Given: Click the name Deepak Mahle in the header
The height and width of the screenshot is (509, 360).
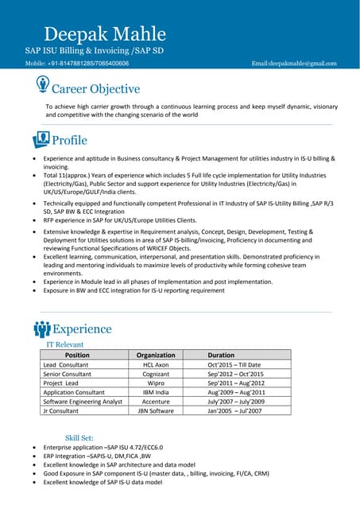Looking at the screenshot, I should tap(105, 33).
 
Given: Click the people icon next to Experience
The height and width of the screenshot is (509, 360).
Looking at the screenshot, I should tap(42, 328).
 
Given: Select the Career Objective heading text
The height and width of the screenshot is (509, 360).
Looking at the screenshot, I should tap(96, 89).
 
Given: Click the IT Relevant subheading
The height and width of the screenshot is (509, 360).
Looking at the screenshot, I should tap(64, 344).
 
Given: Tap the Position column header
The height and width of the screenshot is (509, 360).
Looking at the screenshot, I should tap(77, 355).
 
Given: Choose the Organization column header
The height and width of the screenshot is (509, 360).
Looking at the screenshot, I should tap(156, 355).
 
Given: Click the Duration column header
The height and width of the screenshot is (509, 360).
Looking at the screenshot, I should tap(221, 355).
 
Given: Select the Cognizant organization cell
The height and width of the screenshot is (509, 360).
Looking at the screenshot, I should tap(156, 374).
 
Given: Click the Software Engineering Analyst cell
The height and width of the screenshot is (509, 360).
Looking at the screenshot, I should tap(83, 402).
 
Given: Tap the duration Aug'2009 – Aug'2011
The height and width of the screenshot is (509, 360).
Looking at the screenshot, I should tap(236, 392).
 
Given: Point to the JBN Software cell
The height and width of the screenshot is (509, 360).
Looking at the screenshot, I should tap(156, 411).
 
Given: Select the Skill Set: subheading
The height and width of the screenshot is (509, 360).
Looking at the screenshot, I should tap(79, 437).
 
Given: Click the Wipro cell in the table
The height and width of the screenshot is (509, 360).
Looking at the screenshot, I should tap(156, 383).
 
